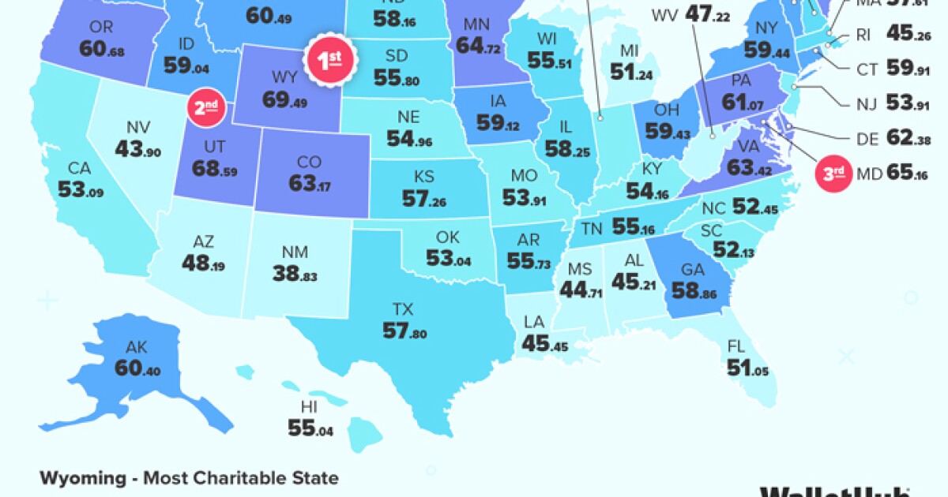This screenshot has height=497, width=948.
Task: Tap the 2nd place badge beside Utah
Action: [205, 107]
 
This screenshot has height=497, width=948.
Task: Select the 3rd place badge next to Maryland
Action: [833, 174]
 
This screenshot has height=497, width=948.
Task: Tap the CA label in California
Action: [79, 168]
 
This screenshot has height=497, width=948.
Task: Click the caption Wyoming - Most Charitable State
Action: [189, 478]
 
